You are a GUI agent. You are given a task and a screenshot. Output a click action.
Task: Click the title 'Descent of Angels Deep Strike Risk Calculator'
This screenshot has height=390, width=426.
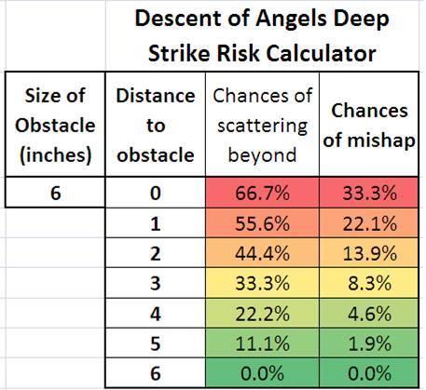262,35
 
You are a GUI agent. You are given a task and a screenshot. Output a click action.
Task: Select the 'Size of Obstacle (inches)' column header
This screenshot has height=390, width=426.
55,125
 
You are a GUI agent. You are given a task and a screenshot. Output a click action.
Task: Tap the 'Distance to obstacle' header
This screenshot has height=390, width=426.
156,125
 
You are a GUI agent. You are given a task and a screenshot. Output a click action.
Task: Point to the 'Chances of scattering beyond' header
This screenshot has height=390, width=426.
262,125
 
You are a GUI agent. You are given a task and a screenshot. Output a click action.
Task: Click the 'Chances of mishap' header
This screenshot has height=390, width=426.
369,125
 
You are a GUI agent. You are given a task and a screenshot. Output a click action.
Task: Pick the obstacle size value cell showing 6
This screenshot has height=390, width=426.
55,193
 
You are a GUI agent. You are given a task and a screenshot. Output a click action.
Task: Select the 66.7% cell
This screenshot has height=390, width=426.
262,193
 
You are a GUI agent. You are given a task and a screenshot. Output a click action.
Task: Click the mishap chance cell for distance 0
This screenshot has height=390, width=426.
369,193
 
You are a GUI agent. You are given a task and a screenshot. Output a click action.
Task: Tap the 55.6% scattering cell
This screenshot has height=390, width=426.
262,222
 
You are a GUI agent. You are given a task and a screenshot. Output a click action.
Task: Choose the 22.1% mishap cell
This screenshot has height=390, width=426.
369,222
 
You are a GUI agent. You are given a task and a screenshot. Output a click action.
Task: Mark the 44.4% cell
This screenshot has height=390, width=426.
262,253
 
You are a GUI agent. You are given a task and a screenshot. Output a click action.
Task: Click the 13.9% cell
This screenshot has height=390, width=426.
369,253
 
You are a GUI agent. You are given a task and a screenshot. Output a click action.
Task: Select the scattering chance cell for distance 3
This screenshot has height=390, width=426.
262,283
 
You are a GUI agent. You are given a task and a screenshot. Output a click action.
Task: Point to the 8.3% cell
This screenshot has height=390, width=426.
369,283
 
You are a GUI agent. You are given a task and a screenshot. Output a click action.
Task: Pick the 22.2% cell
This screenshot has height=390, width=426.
262,314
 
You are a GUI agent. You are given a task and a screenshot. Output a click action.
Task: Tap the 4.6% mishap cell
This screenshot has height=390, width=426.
369,314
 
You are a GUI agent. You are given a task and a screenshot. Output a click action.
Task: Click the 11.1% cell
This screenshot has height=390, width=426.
262,343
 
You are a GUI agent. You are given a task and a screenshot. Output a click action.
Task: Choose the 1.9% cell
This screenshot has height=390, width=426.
369,343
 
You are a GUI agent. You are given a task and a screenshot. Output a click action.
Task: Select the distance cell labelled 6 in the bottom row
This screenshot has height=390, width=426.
156,373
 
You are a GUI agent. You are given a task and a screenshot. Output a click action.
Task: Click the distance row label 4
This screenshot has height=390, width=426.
156,314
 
